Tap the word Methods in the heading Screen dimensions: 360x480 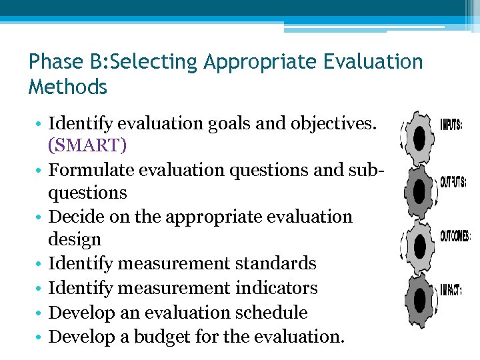(67, 87)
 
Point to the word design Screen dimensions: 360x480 (75, 239)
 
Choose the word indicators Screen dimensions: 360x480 (275, 288)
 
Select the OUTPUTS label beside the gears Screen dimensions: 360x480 (453, 182)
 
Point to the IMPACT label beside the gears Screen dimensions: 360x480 (450, 290)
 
